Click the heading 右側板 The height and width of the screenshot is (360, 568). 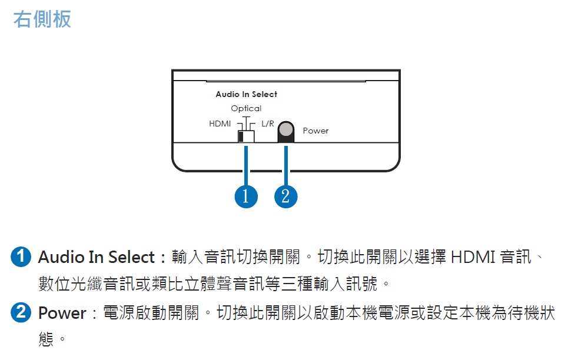coord(42,19)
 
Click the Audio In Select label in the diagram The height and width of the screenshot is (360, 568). coord(246,94)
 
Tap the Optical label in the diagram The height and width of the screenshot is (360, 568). coord(246,108)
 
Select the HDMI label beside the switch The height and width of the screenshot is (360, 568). coord(220,124)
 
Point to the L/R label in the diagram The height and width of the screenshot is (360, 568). coord(268,124)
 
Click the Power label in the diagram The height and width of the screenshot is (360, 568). coord(315,131)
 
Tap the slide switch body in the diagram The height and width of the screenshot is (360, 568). coord(246,136)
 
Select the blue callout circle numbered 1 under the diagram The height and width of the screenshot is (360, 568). coord(246,196)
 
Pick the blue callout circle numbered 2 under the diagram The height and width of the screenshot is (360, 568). coord(286,196)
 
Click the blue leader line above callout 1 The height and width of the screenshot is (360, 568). coord(246,166)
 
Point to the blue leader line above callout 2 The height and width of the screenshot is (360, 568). coord(286,166)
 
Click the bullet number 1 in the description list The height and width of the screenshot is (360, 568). coord(21,257)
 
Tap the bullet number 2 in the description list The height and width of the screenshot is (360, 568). coord(21,312)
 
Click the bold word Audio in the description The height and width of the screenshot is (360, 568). coord(61,257)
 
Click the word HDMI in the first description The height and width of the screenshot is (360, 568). coord(473,257)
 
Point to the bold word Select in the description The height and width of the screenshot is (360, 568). coord(131,257)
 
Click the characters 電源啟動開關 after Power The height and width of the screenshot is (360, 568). coord(151,313)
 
